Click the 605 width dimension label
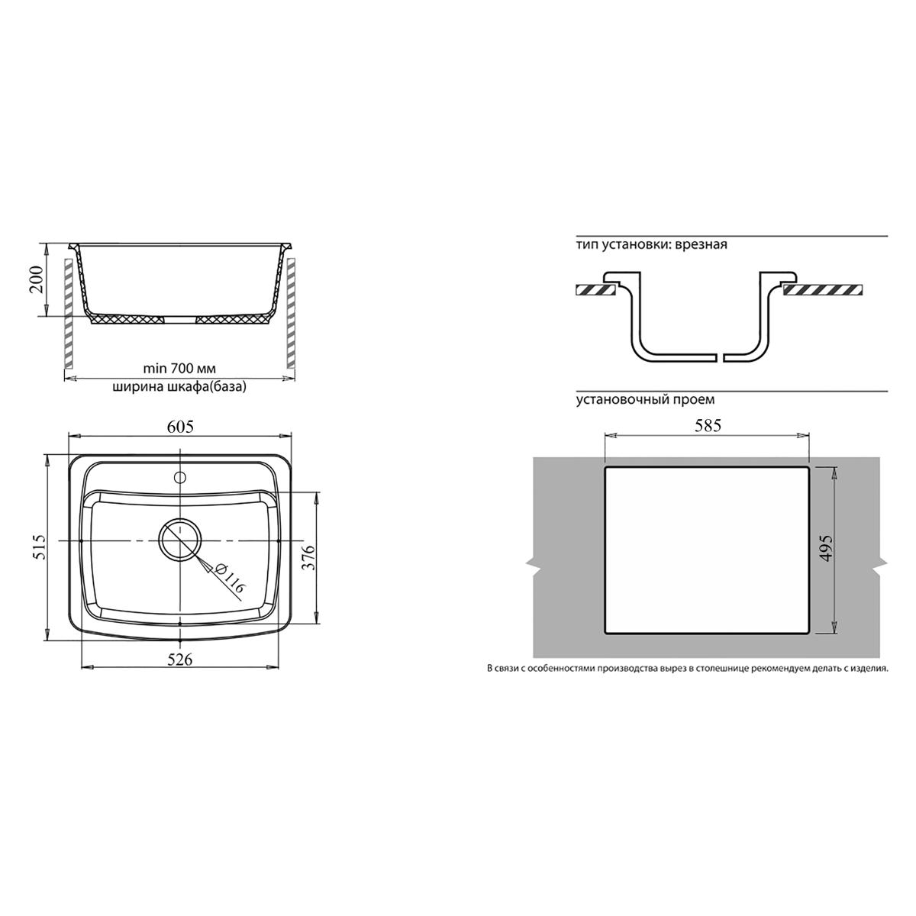pos(181,427)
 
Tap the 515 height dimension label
pos(40,547)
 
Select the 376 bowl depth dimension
pos(308,556)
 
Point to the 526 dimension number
pos(181,660)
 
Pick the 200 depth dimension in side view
pos(37,279)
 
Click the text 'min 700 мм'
pos(179,369)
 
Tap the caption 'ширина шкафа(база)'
pos(179,386)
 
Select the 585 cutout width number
pos(708,425)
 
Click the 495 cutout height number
pos(827,548)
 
